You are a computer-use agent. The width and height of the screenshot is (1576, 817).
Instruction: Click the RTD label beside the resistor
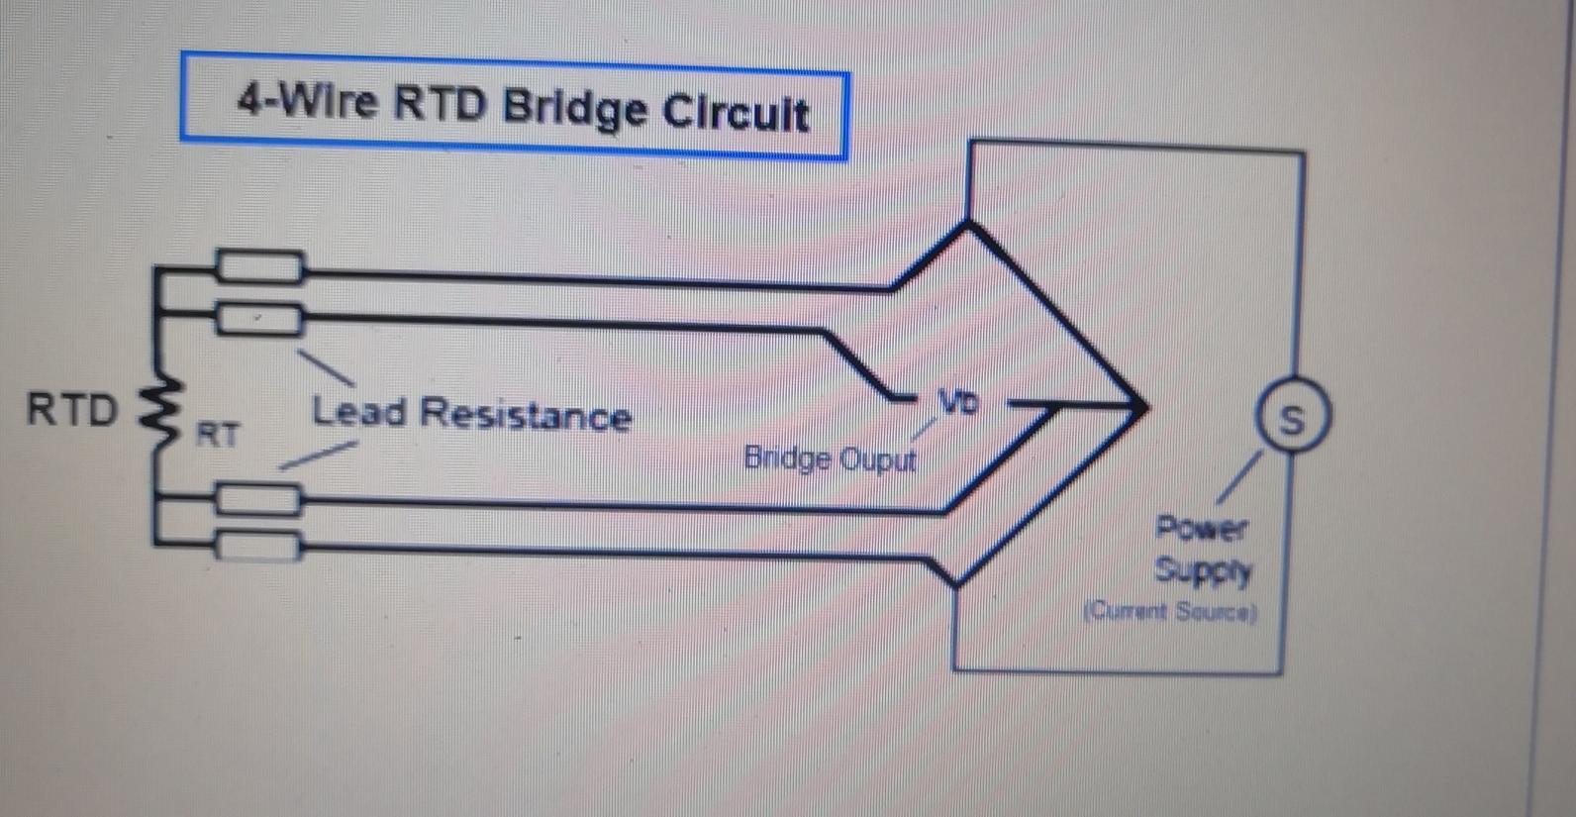point(71,409)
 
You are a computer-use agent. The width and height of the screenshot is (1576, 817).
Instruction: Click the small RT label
point(218,434)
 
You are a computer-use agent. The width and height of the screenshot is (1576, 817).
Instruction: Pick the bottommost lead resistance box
point(257,546)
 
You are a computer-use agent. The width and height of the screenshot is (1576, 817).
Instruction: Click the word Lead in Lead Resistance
point(358,411)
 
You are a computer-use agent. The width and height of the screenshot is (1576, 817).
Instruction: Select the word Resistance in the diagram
point(526,415)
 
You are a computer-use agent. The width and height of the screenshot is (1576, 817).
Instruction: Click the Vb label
point(957,402)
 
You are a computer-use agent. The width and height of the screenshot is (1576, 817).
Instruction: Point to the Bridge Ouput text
point(830,459)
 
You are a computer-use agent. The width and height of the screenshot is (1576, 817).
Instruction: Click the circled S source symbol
point(1291,419)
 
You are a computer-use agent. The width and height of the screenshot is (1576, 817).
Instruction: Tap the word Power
point(1202,528)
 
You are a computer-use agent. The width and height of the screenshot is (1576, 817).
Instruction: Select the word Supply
point(1203,571)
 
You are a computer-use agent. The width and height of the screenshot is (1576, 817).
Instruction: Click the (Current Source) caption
point(1170,611)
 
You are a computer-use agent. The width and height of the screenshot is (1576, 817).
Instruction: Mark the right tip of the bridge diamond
point(1145,405)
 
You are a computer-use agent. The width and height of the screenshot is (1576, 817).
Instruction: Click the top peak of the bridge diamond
point(968,227)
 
